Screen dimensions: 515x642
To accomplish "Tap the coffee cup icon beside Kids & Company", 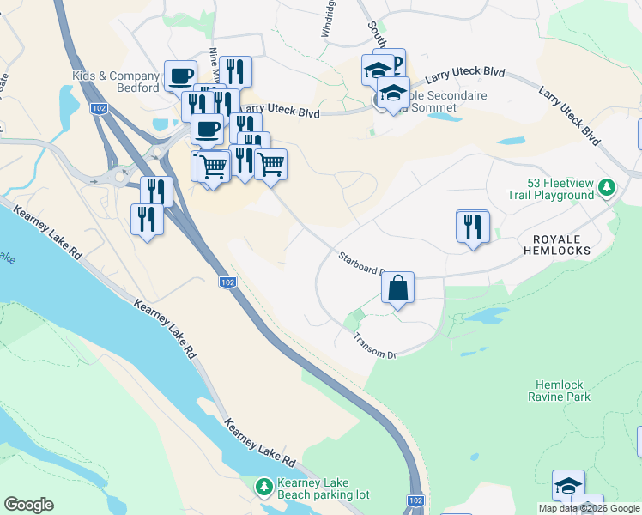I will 180,76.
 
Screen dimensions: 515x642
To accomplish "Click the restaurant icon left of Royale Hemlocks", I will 473,227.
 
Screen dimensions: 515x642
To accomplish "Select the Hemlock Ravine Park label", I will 563,391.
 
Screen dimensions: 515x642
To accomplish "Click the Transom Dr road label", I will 374,344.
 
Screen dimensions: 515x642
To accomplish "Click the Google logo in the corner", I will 28,505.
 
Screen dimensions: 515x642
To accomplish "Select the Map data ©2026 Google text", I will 589,508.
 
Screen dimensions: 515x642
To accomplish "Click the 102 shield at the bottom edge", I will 415,500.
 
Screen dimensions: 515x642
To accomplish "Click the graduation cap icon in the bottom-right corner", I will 568,486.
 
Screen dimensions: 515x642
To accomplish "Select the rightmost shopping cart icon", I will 271,164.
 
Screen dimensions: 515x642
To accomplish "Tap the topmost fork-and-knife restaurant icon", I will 235,72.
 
